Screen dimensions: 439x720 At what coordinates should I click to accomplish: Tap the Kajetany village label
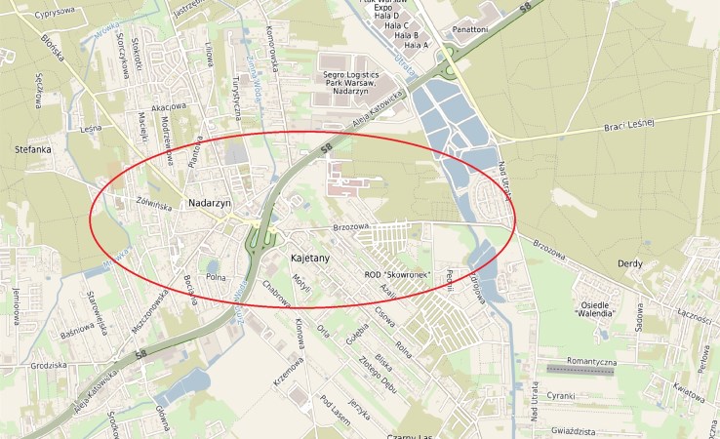tap(311, 259)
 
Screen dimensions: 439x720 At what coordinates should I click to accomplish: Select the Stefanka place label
tap(33, 149)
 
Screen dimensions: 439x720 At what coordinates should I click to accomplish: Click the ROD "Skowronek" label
tap(397, 274)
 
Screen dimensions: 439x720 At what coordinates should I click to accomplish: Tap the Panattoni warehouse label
tap(469, 29)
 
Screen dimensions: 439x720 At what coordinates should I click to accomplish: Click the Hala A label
tap(417, 45)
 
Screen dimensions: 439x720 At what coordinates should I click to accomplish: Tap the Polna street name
tap(216, 277)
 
